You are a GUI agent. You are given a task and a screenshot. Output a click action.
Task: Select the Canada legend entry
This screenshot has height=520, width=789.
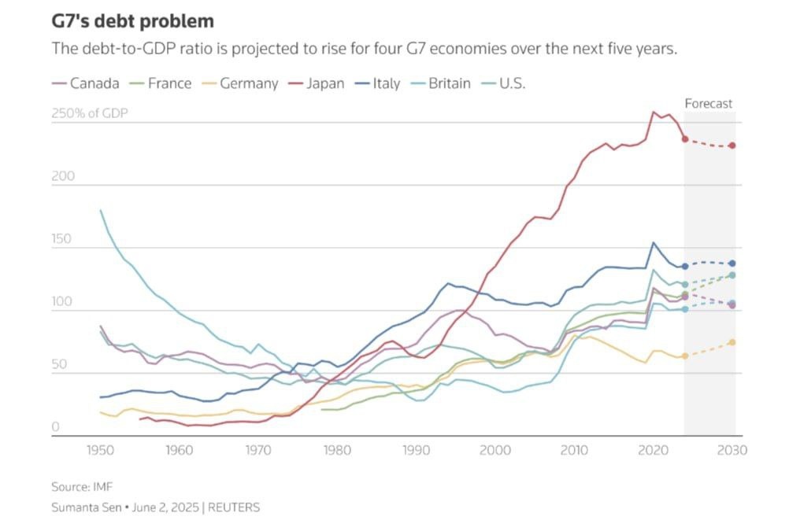86,83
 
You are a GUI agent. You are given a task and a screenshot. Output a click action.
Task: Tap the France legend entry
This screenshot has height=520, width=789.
161,83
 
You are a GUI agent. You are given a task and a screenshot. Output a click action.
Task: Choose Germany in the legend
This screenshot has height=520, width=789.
239,83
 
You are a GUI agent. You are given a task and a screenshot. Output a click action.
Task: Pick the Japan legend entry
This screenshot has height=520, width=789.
316,83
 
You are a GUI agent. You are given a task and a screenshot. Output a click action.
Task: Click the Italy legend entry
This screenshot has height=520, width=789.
378,83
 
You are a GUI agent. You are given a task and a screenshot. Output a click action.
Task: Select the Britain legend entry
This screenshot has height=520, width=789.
441,83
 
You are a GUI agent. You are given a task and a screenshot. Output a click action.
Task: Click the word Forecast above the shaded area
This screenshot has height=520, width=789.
709,103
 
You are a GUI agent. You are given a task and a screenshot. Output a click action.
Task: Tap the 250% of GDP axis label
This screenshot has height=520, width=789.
89,113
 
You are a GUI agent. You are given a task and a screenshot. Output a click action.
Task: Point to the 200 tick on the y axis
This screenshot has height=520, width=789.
63,176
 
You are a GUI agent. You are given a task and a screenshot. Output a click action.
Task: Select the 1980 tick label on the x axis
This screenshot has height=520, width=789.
338,451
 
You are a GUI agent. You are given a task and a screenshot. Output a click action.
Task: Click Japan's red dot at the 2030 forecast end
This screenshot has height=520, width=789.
733,146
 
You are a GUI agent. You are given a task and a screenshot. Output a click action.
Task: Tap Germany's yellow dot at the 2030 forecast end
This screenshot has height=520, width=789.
733,342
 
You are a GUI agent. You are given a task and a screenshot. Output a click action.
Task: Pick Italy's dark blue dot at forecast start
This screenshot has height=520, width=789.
685,267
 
